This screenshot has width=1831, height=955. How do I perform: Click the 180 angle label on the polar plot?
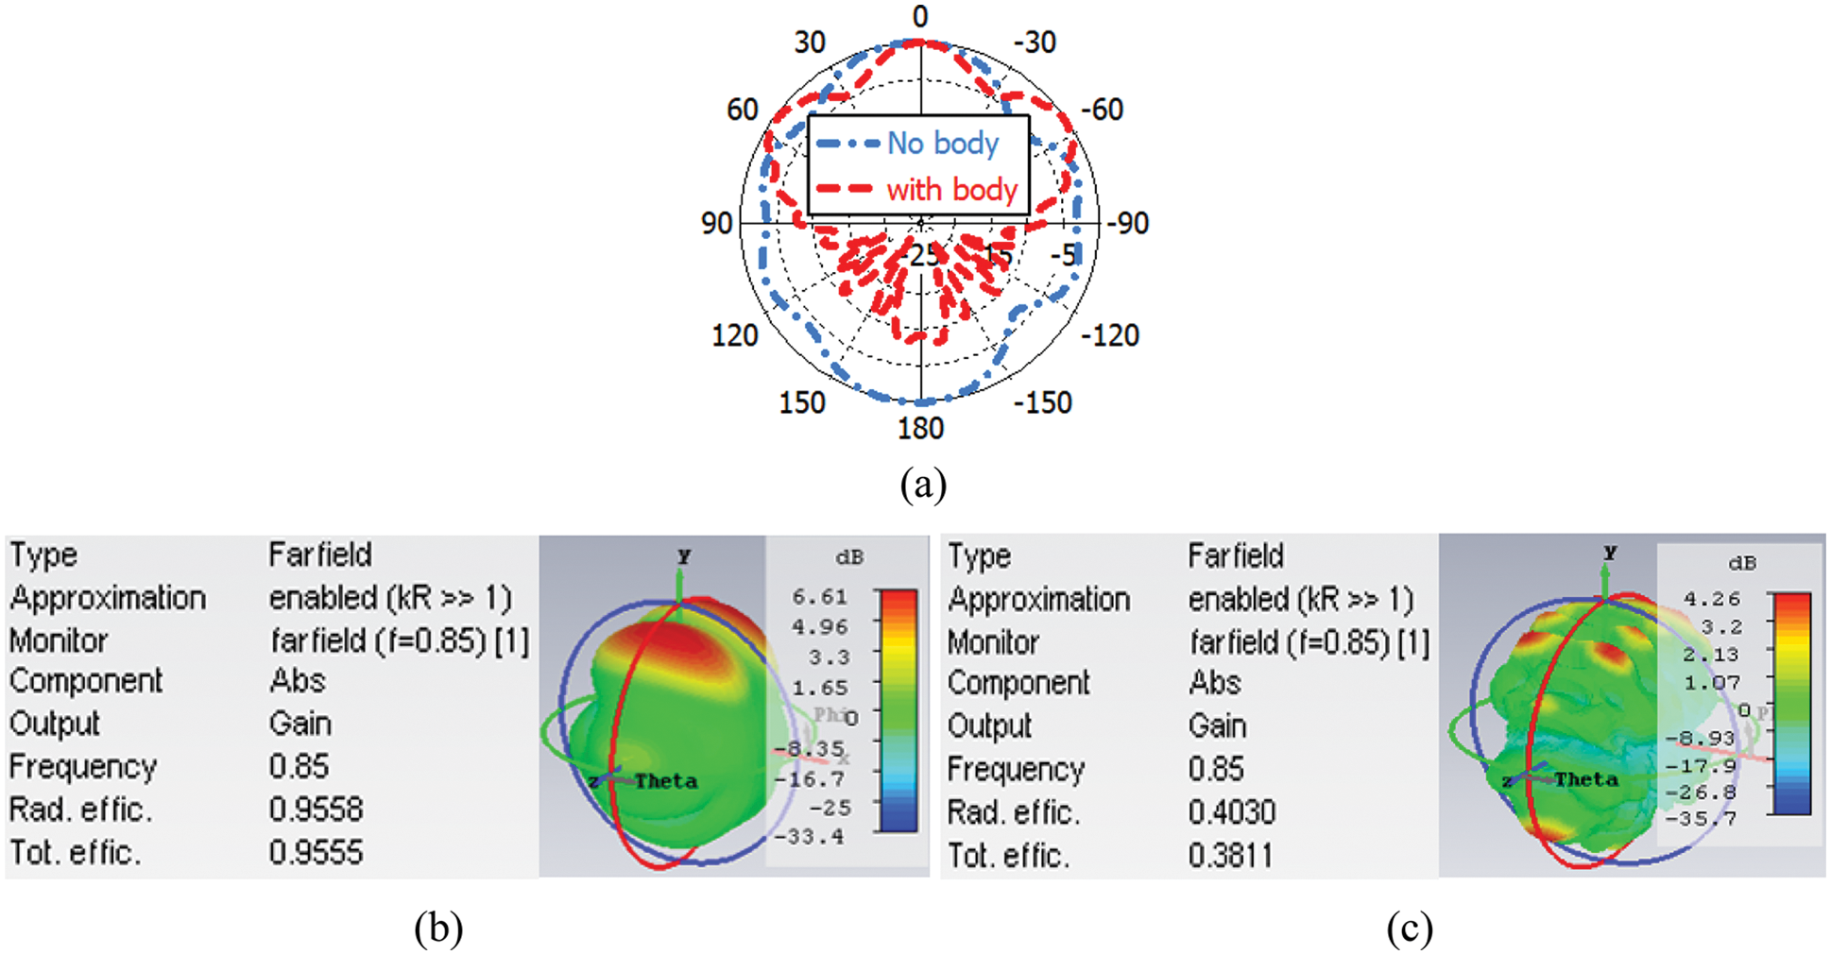coord(920,429)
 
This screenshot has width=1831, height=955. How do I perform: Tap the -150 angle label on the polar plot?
coord(1043,402)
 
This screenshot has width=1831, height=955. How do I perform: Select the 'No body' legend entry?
coord(942,144)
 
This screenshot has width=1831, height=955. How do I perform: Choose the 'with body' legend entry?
coord(950,190)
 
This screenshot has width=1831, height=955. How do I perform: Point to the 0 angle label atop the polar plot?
coord(920,16)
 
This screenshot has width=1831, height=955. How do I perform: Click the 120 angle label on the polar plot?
coord(734,335)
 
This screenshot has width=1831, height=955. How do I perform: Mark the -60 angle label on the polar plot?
coord(1102,110)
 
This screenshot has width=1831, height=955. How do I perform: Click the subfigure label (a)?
coord(922,485)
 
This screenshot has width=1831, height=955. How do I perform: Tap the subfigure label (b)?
coord(438,928)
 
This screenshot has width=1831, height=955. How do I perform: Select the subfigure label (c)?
coord(1410,928)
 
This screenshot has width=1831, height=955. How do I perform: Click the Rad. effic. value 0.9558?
coord(316,810)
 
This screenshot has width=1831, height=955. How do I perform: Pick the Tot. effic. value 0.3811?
coord(1230,856)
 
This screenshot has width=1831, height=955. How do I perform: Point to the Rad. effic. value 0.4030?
coord(1232,812)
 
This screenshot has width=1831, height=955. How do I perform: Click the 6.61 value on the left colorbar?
coord(820,597)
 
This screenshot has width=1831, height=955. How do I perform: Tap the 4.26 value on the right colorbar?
coord(1711,599)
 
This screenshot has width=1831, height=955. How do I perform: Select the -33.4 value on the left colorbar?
coord(809,837)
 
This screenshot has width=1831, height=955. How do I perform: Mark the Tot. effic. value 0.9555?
coord(316,853)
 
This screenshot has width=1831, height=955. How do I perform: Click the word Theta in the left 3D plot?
coord(666,781)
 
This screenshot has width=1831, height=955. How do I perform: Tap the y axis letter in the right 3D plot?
coord(1610,553)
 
